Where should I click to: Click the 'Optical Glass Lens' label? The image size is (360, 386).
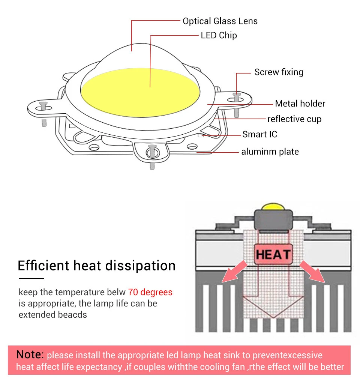[x=220, y=21]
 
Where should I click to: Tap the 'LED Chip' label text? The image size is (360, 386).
[x=219, y=36]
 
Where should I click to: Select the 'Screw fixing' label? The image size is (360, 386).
[x=279, y=72]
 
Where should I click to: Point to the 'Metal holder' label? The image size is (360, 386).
[x=300, y=104]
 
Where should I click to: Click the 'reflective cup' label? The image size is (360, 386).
[x=294, y=119]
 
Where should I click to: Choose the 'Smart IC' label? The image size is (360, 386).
[x=260, y=134]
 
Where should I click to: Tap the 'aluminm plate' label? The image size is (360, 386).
[x=270, y=152]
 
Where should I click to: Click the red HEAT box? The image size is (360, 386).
[x=273, y=255]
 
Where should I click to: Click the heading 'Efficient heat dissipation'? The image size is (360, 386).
[x=97, y=266]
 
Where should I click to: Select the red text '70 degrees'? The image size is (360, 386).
[x=150, y=292]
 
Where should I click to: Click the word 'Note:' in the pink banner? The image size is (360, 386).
[x=30, y=354]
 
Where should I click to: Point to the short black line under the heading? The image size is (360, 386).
[x=31, y=278]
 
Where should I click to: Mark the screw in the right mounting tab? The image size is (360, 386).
[x=236, y=96]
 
